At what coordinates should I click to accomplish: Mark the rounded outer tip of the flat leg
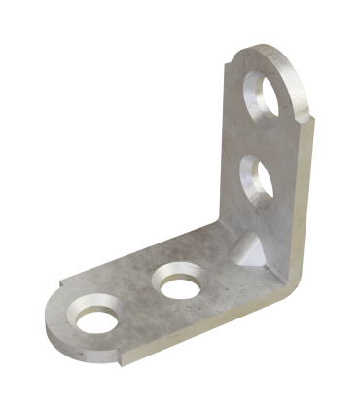(x=51, y=329)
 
